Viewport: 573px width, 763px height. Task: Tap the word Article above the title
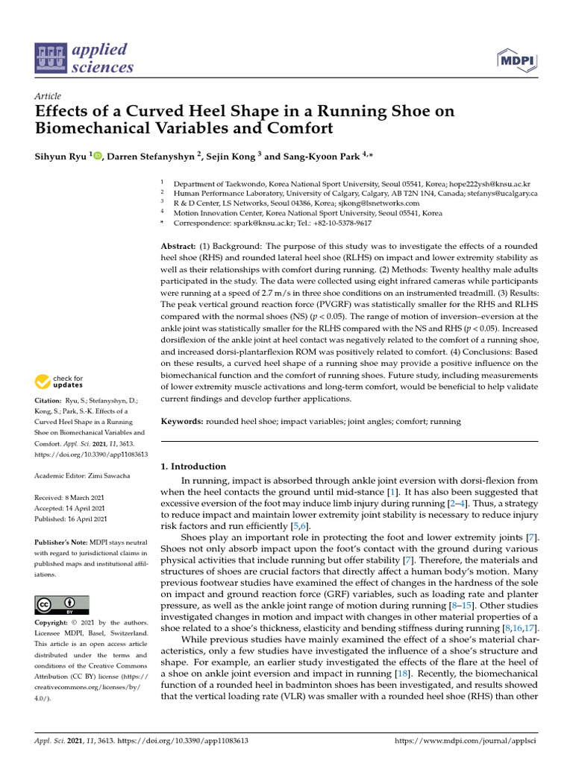[48, 96]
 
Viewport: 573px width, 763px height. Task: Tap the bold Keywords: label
[183, 422]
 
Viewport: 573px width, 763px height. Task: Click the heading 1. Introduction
[194, 466]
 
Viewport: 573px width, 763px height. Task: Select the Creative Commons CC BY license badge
[62, 604]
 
